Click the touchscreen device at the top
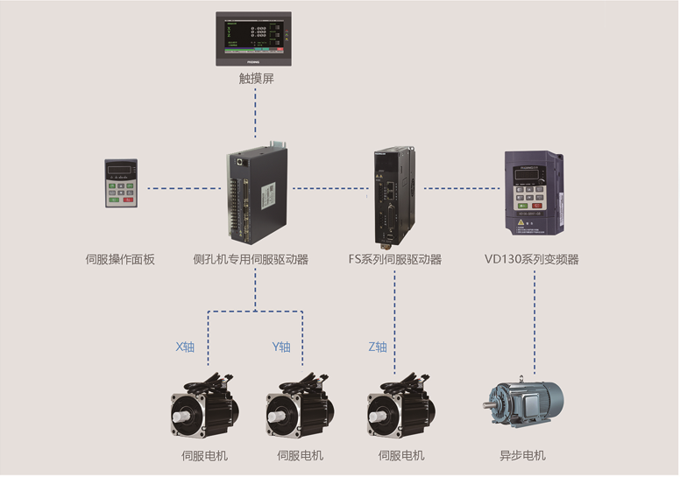click(253, 39)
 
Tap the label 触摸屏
click(256, 78)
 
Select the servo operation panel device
click(120, 183)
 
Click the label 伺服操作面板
click(120, 259)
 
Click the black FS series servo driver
click(390, 194)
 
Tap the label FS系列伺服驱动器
click(394, 259)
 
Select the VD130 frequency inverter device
click(534, 193)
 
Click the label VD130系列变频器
click(531, 259)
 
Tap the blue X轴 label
click(185, 347)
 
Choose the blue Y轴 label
click(280, 347)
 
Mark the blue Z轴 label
click(377, 347)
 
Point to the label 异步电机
click(522, 455)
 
